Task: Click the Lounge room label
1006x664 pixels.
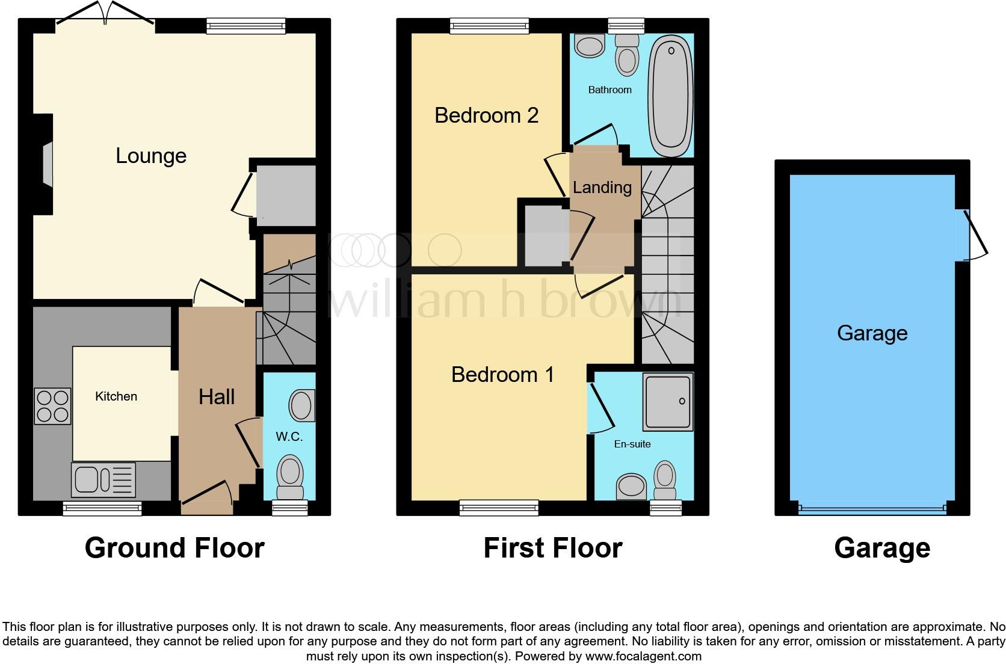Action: (151, 156)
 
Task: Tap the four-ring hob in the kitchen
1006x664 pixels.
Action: (52, 407)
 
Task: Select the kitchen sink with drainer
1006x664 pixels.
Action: (103, 480)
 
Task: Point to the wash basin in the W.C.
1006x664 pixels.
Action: (301, 405)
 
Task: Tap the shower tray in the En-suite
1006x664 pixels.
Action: (667, 402)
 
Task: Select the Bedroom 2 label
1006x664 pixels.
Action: (486, 115)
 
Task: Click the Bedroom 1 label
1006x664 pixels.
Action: (502, 375)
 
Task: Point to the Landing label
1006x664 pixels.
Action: (602, 188)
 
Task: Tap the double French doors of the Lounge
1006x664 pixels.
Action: (105, 13)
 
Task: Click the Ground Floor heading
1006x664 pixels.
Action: (174, 548)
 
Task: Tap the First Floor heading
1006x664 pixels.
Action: (552, 548)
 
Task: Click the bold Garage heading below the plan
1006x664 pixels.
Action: (882, 548)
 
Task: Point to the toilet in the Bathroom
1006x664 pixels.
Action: (627, 55)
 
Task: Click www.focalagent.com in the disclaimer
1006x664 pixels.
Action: (643, 656)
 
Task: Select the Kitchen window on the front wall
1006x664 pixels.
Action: (102, 509)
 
